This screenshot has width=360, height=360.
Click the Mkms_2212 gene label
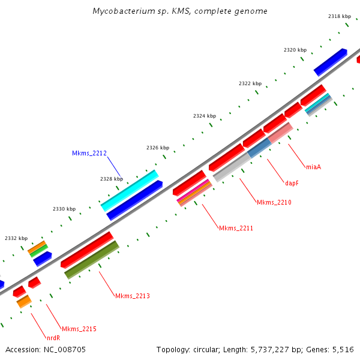pos(89,154)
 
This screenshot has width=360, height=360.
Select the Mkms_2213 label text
pos(133,296)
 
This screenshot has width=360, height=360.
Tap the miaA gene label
pos(313,167)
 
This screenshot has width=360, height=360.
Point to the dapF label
pos(292,183)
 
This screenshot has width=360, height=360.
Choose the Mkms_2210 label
pos(274,203)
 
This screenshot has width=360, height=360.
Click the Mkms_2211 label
pos(236,228)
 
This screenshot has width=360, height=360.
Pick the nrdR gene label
pos(53,338)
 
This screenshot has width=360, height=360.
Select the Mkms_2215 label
pos(79,329)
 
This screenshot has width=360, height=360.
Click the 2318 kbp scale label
pos(339,17)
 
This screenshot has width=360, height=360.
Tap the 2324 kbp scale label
pos(204,116)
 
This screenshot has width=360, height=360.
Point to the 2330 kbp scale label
pos(64,209)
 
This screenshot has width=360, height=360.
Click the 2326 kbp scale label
pos(158,148)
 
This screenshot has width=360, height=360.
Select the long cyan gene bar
pos(130,191)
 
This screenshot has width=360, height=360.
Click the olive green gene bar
pos(92,260)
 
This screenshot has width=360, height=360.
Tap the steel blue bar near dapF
pos(259,148)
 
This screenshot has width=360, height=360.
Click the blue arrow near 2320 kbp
pos(330,62)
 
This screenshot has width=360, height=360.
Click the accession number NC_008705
pos(64,349)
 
